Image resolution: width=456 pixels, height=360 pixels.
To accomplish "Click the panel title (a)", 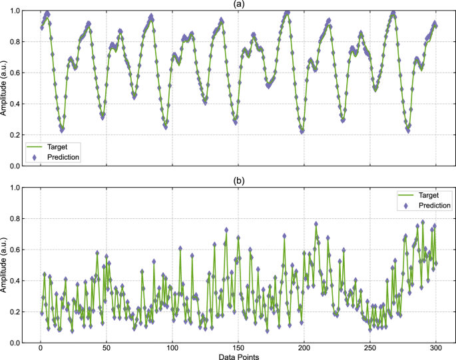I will pyautogui.click(x=238, y=4).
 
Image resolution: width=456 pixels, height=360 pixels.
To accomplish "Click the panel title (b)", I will pyautogui.click(x=238, y=181).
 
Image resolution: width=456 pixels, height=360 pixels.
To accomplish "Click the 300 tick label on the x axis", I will pyautogui.click(x=436, y=349).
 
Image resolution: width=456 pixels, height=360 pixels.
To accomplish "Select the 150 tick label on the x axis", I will pyautogui.click(x=238, y=349).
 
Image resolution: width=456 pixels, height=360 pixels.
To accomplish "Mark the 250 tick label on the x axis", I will pyautogui.click(x=370, y=349).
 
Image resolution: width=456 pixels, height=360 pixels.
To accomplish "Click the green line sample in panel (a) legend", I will pyautogui.click(x=36, y=146).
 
